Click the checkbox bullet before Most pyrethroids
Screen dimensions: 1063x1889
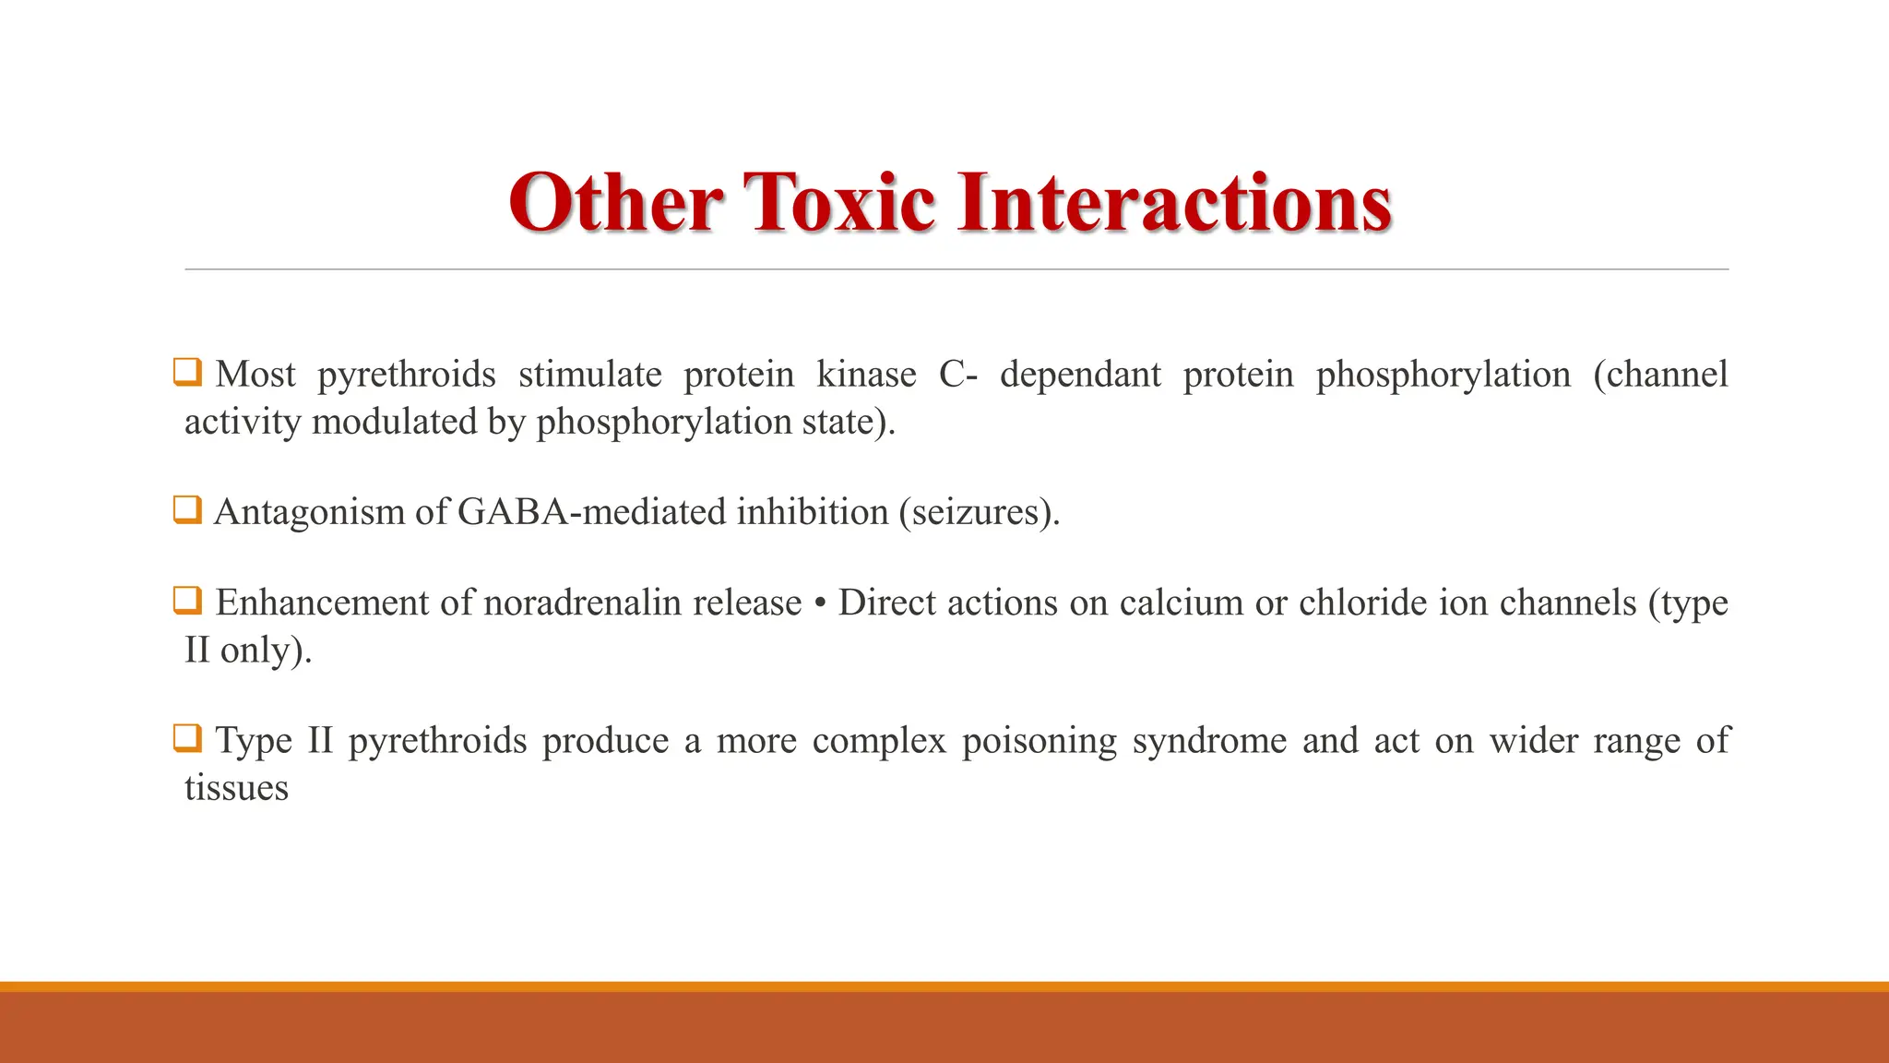pos(187,373)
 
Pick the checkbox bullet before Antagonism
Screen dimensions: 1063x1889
pos(187,509)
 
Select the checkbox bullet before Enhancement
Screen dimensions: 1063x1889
pos(187,601)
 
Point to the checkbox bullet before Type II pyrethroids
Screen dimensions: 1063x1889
pos(187,738)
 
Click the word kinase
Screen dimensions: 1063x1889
pos(866,375)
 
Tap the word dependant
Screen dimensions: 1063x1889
pos(1080,375)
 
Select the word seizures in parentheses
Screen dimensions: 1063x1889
pos(979,512)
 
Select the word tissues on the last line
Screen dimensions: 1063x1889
pos(236,788)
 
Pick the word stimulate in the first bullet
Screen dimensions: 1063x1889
pos(589,375)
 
